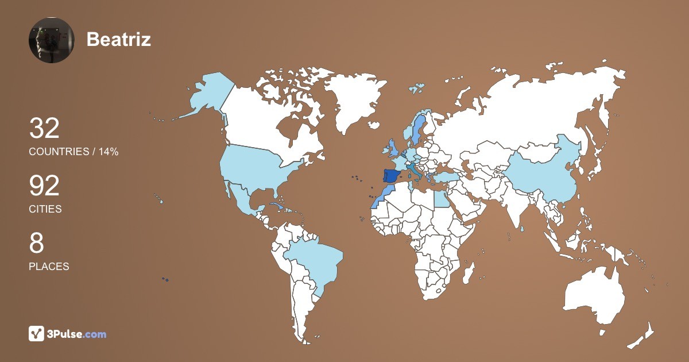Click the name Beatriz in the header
[x=119, y=39]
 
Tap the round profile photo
[x=52, y=40]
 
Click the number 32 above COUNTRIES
[x=44, y=128]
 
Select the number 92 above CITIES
[x=44, y=186]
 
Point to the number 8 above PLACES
[x=36, y=243]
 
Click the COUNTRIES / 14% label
[x=73, y=152]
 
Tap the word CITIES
[x=45, y=209]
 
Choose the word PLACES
[x=49, y=267]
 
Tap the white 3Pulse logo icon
[x=37, y=333]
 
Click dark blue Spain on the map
[x=393, y=175]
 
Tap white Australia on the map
[x=594, y=296]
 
